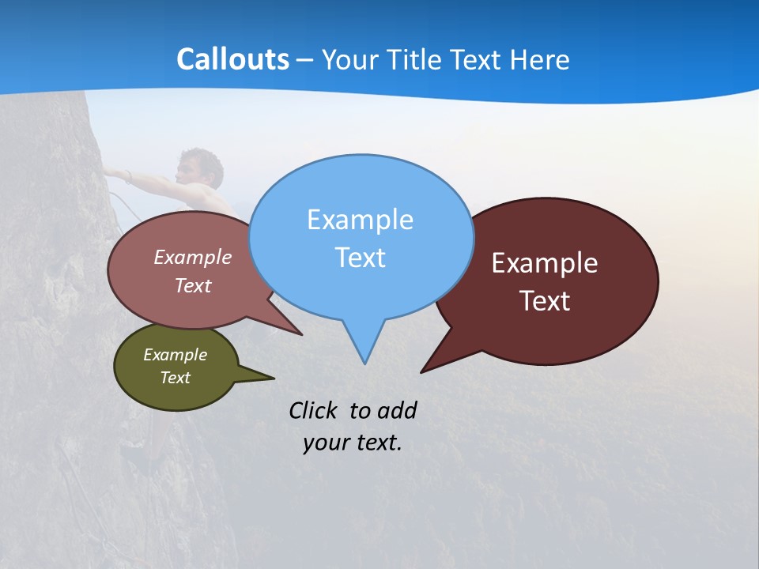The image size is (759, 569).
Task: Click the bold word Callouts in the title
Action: (232, 59)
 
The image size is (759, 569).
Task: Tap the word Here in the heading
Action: (538, 59)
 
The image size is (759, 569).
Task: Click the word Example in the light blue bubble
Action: (360, 220)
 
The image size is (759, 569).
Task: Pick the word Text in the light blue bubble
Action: (360, 258)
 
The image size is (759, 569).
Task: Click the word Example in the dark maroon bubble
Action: (545, 263)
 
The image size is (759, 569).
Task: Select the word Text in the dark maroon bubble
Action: (545, 301)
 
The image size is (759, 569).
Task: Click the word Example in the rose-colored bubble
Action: (192, 257)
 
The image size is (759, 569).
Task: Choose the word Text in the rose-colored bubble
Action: (192, 285)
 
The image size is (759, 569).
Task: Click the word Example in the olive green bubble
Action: (175, 355)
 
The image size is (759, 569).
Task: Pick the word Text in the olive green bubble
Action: (175, 378)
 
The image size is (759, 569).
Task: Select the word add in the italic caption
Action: (397, 410)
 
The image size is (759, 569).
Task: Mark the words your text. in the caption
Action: (353, 443)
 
